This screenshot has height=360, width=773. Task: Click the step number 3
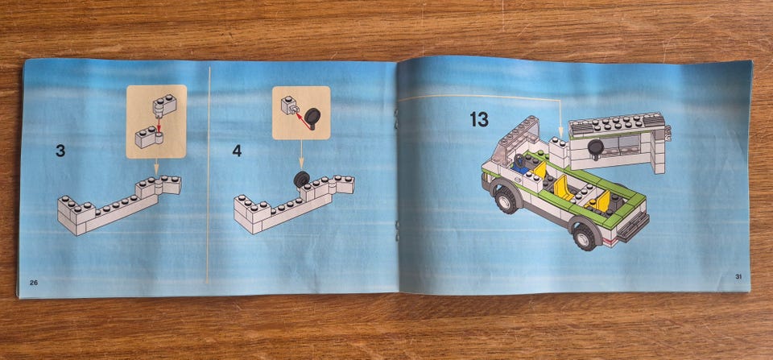60,151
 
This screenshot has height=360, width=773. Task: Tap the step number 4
237,151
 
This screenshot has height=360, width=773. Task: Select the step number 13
478,119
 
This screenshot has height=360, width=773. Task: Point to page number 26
34,283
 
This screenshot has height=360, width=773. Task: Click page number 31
738,277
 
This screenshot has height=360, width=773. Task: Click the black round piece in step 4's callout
312,118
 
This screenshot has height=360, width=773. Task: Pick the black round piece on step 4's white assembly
301,179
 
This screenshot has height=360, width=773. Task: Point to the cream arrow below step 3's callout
156,167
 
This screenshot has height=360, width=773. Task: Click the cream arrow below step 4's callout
300,155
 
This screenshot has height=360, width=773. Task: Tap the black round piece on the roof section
596,148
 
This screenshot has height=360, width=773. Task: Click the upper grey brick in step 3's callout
164,106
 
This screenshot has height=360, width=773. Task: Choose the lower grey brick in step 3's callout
148,137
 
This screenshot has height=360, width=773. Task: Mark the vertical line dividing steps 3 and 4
209,175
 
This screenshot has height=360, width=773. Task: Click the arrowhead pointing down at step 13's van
560,134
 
